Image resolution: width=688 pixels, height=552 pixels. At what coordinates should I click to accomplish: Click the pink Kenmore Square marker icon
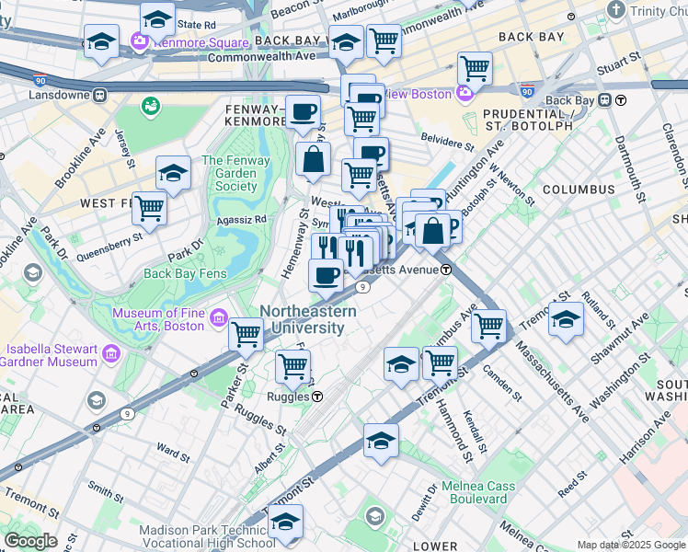tap(140, 42)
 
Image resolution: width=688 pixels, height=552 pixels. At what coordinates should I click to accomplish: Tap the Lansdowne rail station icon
tap(99, 95)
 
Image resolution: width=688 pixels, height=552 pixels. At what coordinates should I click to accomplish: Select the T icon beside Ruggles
tap(316, 397)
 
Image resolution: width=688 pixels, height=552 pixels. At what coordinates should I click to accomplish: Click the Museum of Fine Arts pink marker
tap(219, 318)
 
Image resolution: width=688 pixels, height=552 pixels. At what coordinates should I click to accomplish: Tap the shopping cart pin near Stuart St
tap(475, 67)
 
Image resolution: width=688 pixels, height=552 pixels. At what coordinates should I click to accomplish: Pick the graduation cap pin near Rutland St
tap(566, 319)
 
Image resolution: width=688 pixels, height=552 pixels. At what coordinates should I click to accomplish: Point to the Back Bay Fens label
tap(183, 273)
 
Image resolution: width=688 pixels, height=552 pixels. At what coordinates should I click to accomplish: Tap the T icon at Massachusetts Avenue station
tap(445, 270)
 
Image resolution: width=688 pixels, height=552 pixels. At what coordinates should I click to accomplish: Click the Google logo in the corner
tap(30, 541)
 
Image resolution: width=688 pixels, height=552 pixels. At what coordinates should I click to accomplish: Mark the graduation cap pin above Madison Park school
tap(285, 521)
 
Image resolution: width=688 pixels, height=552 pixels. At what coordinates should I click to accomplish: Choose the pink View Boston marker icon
tap(463, 94)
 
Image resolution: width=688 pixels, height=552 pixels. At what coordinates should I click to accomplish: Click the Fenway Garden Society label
tap(235, 173)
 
